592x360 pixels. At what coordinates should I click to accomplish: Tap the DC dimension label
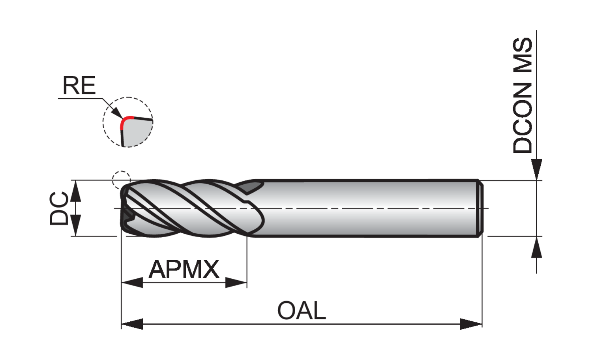59,208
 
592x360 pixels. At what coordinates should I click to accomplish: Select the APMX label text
184,270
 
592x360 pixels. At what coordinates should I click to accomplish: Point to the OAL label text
302,310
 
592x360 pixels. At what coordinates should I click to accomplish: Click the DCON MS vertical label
523,95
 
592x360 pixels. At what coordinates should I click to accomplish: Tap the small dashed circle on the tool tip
121,180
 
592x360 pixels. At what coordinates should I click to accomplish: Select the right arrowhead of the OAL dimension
472,324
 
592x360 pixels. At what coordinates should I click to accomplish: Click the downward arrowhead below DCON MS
536,169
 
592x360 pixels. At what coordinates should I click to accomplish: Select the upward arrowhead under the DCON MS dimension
536,247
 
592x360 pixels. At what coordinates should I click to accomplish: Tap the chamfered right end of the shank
480,208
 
